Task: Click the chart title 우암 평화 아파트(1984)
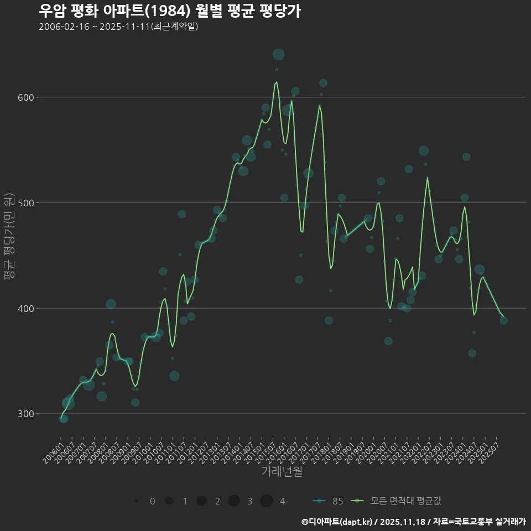[x=169, y=11]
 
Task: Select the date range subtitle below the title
[x=118, y=27]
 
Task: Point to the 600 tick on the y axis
[x=27, y=97]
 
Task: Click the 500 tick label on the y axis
[x=27, y=203]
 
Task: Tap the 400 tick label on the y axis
[x=27, y=308]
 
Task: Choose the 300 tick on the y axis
[x=27, y=414]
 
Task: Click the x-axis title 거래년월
[x=282, y=472]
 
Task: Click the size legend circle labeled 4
[x=267, y=501]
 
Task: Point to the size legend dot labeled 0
[x=136, y=501]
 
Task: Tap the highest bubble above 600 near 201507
[x=278, y=54]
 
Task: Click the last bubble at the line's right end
[x=503, y=320]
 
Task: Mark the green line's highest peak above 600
[x=277, y=82]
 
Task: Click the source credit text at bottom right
[x=413, y=522]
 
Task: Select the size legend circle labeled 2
[x=201, y=501]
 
